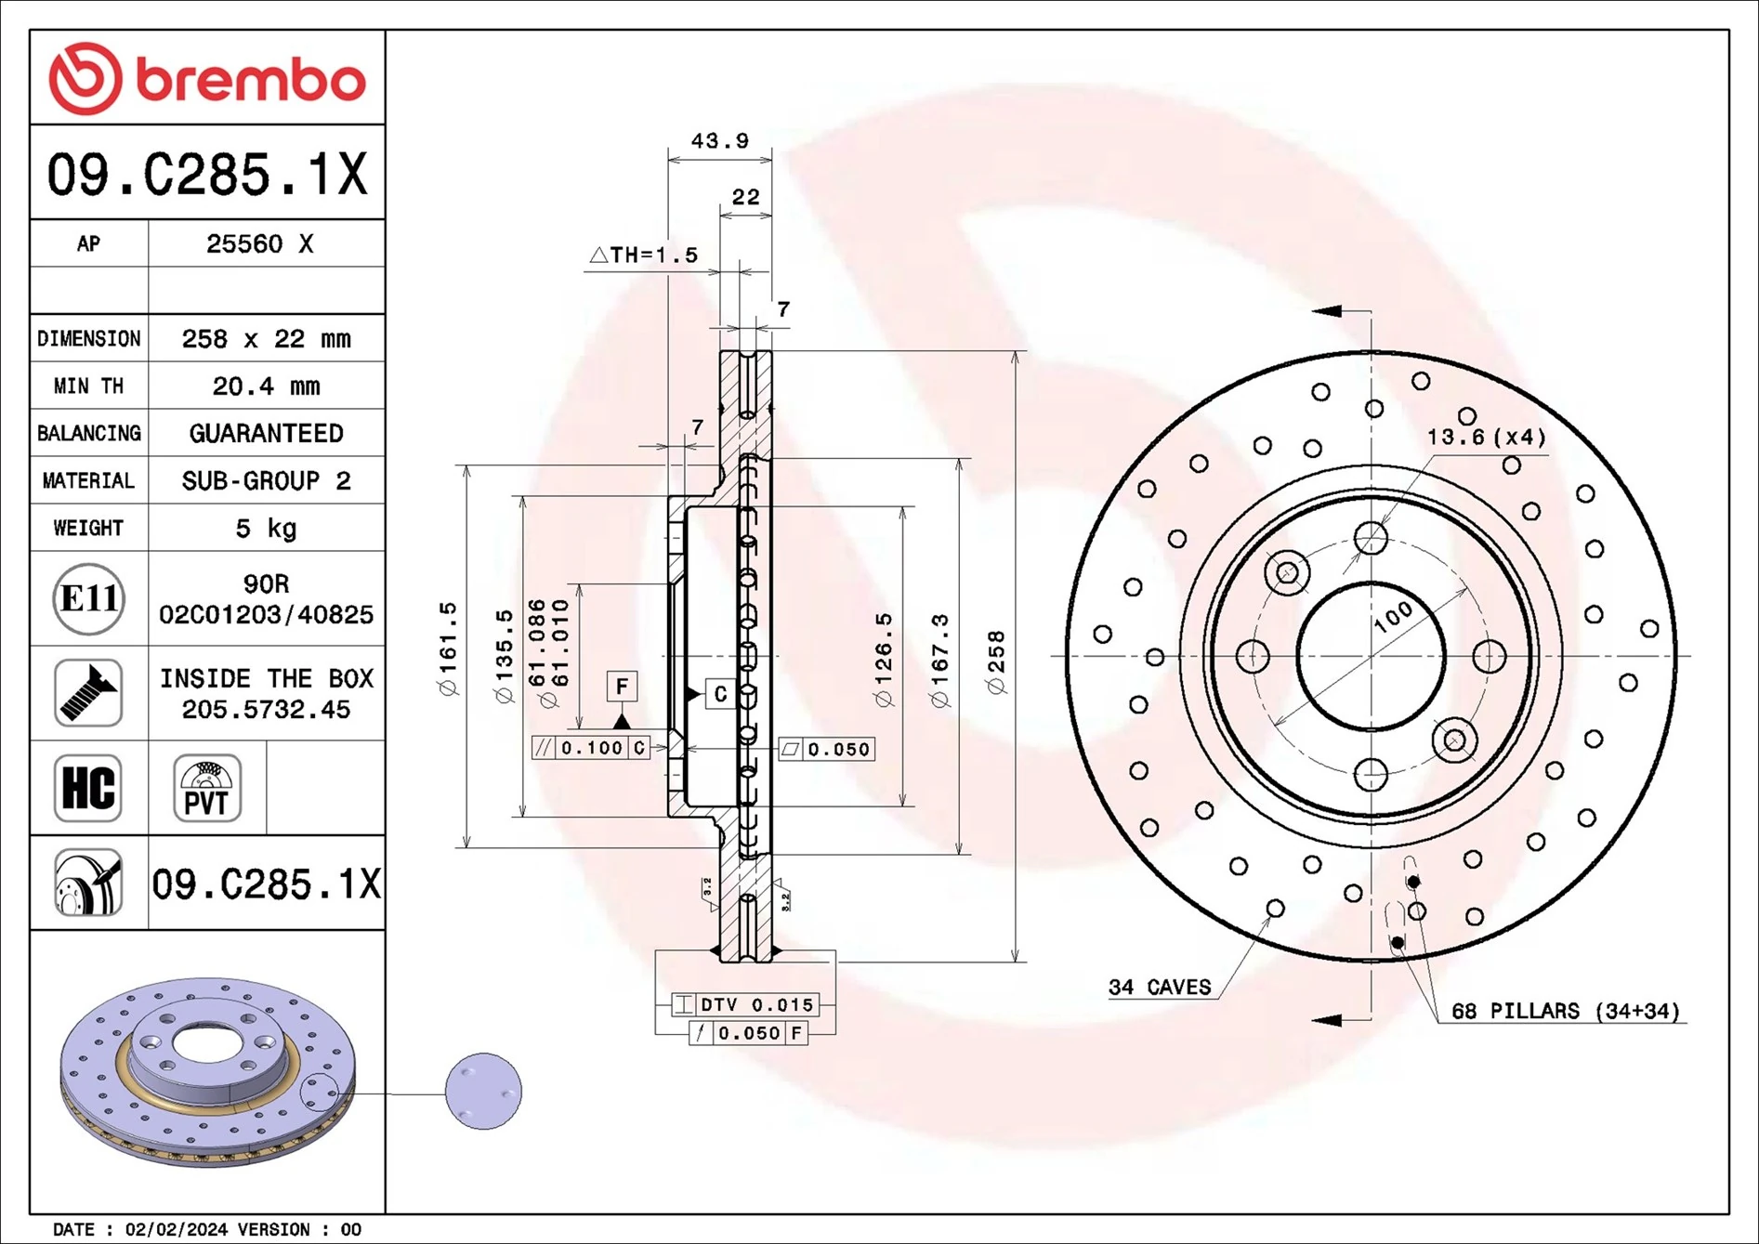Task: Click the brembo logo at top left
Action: click(206, 79)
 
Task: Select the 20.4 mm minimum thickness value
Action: click(266, 386)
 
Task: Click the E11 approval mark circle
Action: click(88, 598)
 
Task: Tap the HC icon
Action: click(88, 788)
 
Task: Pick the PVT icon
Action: click(206, 788)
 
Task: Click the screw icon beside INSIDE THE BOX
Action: click(88, 693)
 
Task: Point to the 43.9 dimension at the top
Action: click(719, 141)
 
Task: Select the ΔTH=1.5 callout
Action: click(644, 255)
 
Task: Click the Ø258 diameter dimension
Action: click(996, 662)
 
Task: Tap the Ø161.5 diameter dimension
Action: click(448, 648)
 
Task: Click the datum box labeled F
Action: click(622, 687)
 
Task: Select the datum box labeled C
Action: click(720, 694)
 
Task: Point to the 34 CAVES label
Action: click(1160, 987)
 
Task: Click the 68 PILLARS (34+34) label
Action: click(1565, 1011)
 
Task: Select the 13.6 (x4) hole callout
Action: click(1486, 437)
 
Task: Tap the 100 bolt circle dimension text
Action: click(1393, 617)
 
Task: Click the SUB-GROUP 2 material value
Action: click(266, 480)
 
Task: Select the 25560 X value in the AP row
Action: click(259, 243)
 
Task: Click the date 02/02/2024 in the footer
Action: click(176, 1229)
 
